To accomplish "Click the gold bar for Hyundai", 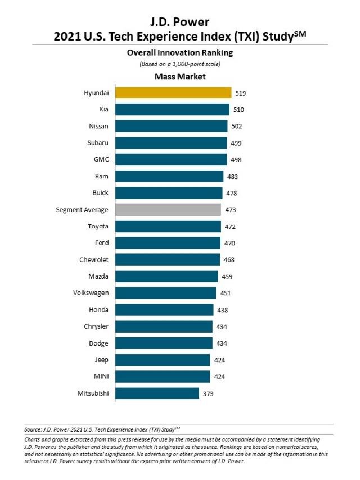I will point(173,93).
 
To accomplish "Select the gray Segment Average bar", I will point(168,209).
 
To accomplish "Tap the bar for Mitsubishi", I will point(157,393).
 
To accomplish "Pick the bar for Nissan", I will point(172,126).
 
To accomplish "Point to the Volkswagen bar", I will point(166,293).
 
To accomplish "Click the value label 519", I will point(241,93).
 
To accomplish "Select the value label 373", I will point(208,393).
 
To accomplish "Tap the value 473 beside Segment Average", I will point(230,210).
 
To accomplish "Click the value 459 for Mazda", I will point(227,276).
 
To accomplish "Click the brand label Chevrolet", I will point(94,259).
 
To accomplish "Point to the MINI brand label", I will point(101,376).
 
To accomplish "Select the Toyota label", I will point(98,226).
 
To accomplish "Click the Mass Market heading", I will point(179,77).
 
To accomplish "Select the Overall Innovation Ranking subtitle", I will point(179,53).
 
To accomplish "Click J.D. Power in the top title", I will point(180,23).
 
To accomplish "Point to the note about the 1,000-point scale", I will point(179,64).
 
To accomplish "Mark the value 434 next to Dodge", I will point(222,343).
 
